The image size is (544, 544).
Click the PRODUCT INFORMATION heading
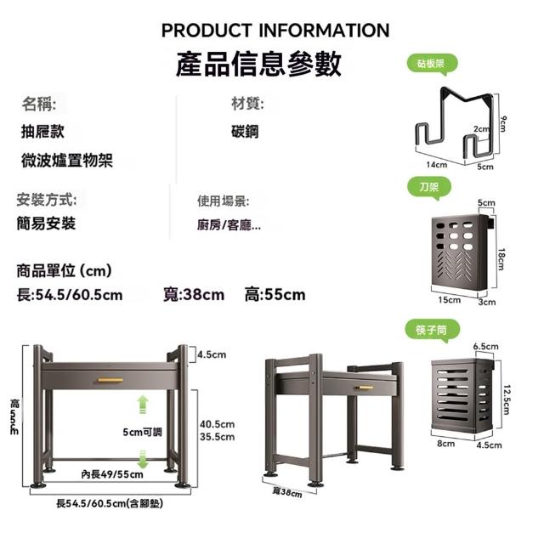point(275,31)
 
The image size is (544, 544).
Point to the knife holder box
point(460,252)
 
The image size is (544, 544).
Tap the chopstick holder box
point(462,394)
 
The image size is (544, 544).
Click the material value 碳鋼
point(244,132)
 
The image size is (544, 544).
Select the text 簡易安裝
point(46,224)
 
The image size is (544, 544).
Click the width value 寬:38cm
point(194,295)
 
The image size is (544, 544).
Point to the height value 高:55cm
point(274,295)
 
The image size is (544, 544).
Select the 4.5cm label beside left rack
point(211,354)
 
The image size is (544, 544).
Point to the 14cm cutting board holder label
point(436,164)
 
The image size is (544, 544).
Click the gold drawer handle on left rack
point(110,379)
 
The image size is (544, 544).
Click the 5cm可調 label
point(142,432)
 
